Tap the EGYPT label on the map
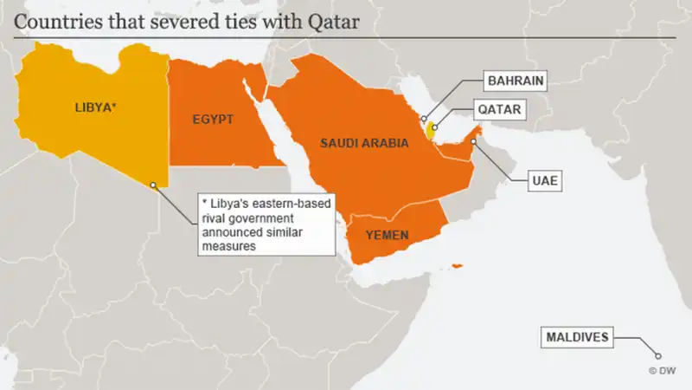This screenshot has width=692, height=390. (213, 119)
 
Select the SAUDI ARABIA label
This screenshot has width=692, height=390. (363, 143)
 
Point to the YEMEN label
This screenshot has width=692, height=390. (386, 235)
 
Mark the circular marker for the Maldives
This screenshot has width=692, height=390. (657, 355)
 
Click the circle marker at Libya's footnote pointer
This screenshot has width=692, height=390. (153, 184)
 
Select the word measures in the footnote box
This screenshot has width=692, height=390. (229, 245)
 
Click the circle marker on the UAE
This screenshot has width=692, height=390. (474, 141)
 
